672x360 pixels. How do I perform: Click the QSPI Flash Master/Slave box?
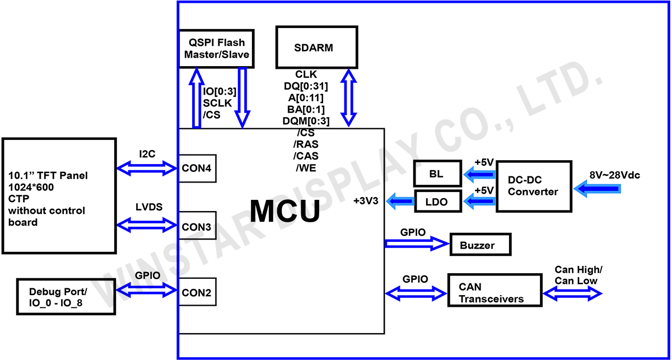click(x=216, y=49)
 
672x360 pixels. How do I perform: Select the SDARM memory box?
click(x=317, y=48)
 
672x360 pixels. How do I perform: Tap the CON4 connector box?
click(x=197, y=168)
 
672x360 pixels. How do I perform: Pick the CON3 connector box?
click(x=197, y=227)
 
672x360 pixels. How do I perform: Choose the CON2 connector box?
click(x=197, y=292)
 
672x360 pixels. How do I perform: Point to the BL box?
click(x=437, y=174)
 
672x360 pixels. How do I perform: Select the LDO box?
click(x=437, y=202)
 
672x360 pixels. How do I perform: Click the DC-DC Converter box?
click(x=533, y=186)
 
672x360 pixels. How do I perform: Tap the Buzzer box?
click(x=480, y=245)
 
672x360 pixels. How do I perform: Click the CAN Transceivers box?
click(x=494, y=290)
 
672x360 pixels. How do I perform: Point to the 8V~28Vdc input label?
click(x=614, y=175)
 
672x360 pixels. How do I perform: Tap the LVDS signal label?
click(x=148, y=207)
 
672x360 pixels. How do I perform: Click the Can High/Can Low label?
click(x=578, y=275)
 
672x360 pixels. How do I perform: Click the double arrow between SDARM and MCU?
click(x=349, y=97)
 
